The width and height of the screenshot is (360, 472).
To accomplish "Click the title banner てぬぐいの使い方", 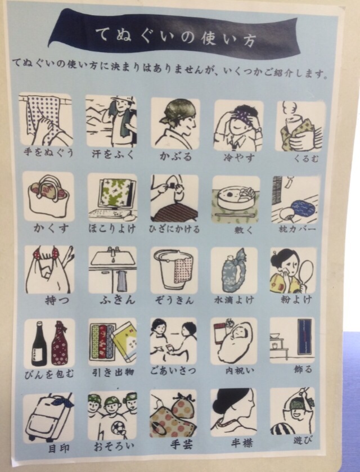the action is pyautogui.click(x=175, y=35).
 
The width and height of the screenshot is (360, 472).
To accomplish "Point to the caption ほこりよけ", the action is pyautogui.click(x=112, y=228).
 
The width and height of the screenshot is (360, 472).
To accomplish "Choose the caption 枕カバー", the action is pyautogui.click(x=297, y=230).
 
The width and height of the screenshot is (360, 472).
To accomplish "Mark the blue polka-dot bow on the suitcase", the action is pyautogui.click(x=63, y=401).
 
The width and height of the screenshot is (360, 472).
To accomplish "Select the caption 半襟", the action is pyautogui.click(x=242, y=443).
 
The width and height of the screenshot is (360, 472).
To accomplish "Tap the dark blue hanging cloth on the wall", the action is pyautogui.click(x=305, y=336).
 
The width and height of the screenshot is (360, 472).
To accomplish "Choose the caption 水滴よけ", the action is pyautogui.click(x=234, y=300).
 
